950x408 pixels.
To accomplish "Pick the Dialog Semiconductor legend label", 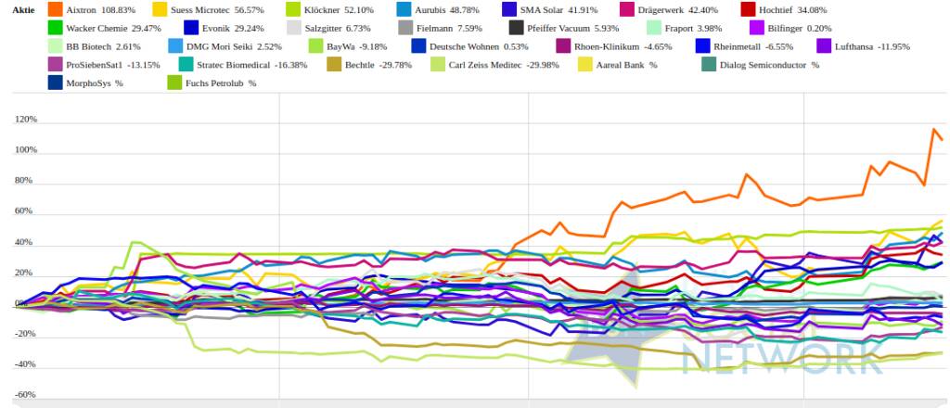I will pos(770,65).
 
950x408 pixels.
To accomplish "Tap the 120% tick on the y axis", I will pos(25,120).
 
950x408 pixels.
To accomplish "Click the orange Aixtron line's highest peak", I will pos(932,129).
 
